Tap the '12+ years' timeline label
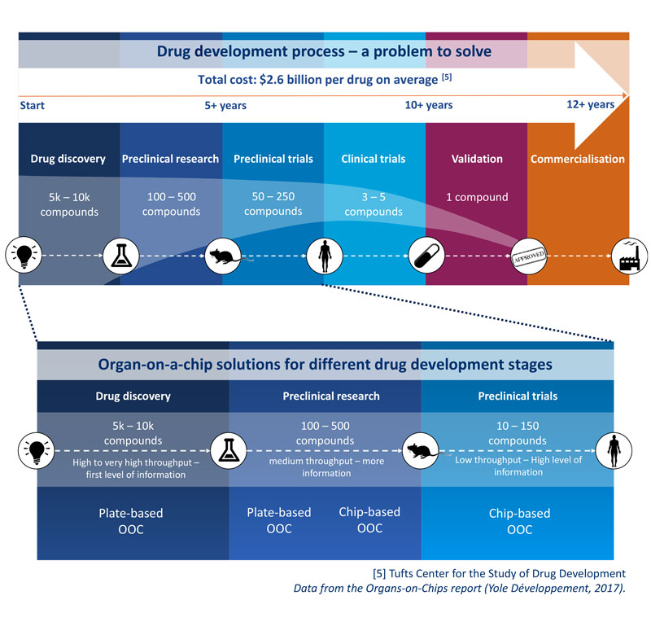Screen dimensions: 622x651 [x=590, y=104]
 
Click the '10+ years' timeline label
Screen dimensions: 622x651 [x=428, y=105]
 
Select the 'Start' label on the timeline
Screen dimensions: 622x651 [x=32, y=105]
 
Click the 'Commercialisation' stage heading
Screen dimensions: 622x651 [x=578, y=159]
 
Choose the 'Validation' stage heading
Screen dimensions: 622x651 [x=477, y=159]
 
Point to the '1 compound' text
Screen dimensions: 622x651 [x=477, y=197]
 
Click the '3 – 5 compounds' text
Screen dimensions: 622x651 [x=374, y=204]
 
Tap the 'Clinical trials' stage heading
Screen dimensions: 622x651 [x=374, y=159]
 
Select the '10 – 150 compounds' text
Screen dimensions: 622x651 [x=517, y=433]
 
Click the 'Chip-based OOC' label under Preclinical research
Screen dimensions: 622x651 [x=369, y=519]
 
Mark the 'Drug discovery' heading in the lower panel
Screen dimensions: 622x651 [x=133, y=396]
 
